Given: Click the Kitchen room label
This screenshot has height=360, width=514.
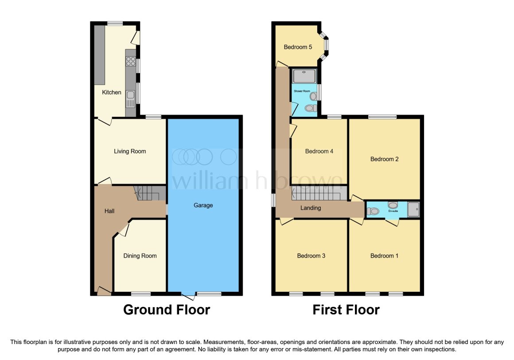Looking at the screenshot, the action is pyautogui.click(x=112, y=93).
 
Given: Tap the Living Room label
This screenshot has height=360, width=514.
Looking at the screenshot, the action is pyautogui.click(x=130, y=152).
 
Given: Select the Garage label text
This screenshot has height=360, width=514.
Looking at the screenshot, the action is pyautogui.click(x=203, y=206).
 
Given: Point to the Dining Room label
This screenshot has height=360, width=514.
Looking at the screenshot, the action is pyautogui.click(x=140, y=256).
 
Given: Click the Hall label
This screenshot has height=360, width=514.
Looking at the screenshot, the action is pyautogui.click(x=109, y=211).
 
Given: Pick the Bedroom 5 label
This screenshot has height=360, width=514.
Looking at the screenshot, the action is pyautogui.click(x=298, y=47).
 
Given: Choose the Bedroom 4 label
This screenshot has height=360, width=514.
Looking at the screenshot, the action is pyautogui.click(x=319, y=152).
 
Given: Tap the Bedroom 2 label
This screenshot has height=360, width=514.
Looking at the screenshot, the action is pyautogui.click(x=385, y=159).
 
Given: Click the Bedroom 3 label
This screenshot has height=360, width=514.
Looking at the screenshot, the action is pyautogui.click(x=311, y=256).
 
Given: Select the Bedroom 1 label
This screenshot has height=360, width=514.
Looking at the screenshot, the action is pyautogui.click(x=384, y=256).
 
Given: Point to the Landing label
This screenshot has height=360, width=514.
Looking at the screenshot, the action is pyautogui.click(x=311, y=208).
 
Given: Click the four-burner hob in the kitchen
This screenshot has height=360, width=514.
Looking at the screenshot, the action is pyautogui.click(x=131, y=61).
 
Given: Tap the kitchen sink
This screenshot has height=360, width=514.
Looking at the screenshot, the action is pyautogui.click(x=130, y=99).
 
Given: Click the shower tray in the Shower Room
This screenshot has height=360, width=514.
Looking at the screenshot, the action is pyautogui.click(x=304, y=76).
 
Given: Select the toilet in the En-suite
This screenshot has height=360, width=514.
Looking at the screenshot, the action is pyautogui.click(x=373, y=211).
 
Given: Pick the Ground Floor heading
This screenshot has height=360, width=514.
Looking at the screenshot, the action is pyautogui.click(x=167, y=310).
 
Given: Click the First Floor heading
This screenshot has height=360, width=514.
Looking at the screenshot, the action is pyautogui.click(x=346, y=310).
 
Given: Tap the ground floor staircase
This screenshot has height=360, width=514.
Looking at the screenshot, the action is pyautogui.click(x=149, y=193).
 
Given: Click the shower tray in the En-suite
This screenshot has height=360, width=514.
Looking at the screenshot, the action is pyautogui.click(x=413, y=209).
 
